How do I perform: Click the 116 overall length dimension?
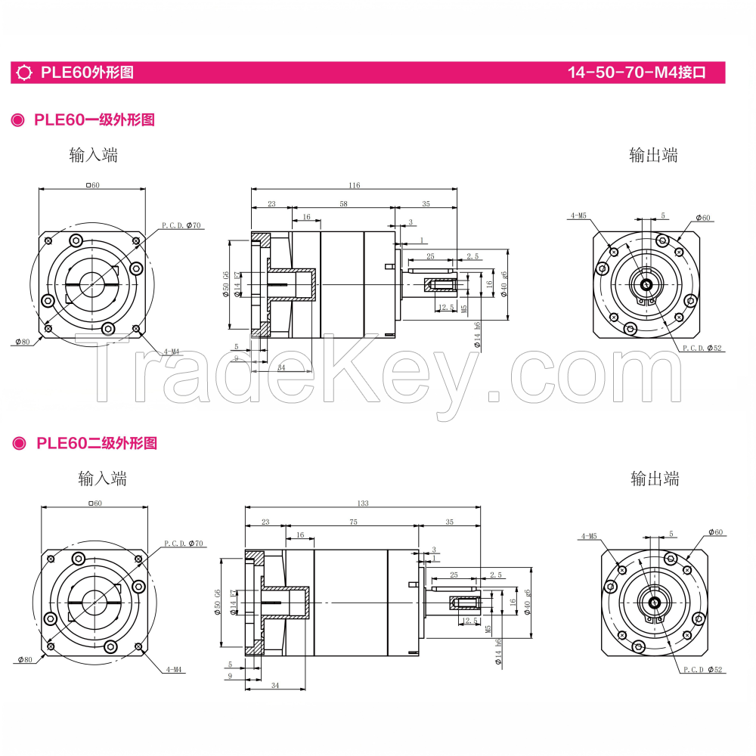pos(354,185)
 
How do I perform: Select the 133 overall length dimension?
pos(364,503)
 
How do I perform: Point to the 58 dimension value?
pos(343,204)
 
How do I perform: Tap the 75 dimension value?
pos(353,522)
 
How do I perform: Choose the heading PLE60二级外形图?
pos(96,443)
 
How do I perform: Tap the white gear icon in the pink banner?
pos(24,73)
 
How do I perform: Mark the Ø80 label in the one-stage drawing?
pos(22,342)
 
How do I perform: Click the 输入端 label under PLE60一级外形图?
pos(93,156)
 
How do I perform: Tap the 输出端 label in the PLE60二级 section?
pos(655,479)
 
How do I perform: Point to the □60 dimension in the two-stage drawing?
pos(94,503)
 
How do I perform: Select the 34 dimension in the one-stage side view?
pos(281,367)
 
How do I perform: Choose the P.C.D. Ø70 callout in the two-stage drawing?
pos(184,544)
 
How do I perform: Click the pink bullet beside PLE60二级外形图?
pos(18,444)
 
